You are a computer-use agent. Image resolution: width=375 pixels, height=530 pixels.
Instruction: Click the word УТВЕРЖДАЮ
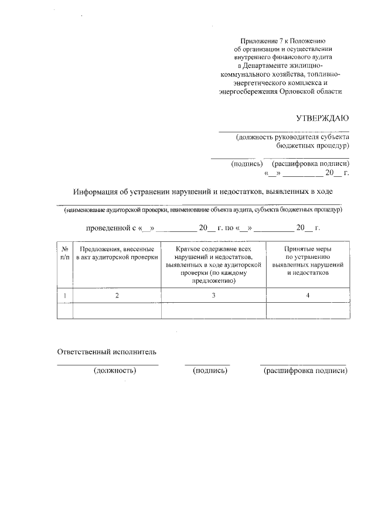322,117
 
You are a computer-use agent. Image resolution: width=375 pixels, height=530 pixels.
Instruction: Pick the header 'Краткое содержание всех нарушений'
214,265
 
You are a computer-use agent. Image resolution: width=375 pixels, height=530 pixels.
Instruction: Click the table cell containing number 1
64,295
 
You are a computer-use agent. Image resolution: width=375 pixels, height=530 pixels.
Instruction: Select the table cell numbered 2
117,295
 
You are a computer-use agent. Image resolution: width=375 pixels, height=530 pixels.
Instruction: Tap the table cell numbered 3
214,295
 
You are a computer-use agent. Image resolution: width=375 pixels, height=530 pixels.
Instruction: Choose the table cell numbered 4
308,295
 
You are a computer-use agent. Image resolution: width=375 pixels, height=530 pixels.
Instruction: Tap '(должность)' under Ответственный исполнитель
115,371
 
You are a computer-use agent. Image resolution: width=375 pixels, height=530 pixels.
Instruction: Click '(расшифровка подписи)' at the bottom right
305,371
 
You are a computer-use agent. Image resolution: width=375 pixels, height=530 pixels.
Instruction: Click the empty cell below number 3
214,310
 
